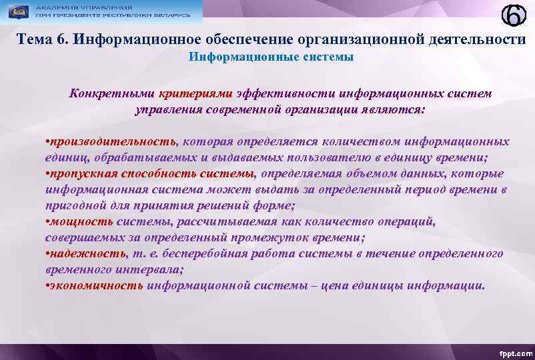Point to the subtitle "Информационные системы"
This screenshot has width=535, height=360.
click(271, 57)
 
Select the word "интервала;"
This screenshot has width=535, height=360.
click(151, 270)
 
